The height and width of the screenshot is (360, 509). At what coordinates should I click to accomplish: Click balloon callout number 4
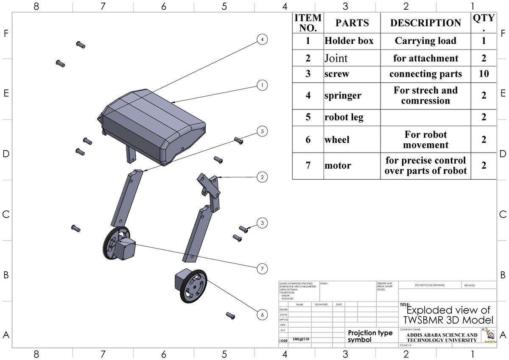click(263, 39)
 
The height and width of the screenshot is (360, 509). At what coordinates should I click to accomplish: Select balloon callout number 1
click(263, 85)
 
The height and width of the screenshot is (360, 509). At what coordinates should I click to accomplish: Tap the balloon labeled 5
click(263, 131)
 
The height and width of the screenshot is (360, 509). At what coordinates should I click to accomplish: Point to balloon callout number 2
click(263, 177)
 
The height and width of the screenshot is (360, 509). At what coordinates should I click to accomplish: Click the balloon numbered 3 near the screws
click(263, 223)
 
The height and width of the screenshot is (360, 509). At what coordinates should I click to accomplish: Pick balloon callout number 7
click(263, 268)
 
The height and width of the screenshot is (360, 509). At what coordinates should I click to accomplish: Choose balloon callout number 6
click(263, 315)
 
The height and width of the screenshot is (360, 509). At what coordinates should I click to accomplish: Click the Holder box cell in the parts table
click(349, 41)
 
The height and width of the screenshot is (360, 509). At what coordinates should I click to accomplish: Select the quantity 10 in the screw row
click(484, 74)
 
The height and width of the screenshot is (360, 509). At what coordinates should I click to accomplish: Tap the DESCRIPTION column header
click(425, 23)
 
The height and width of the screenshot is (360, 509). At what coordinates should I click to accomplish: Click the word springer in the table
click(343, 95)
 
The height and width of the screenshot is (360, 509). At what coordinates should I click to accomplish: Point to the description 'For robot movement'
click(425, 140)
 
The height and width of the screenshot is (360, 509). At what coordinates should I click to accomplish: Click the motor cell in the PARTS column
click(338, 165)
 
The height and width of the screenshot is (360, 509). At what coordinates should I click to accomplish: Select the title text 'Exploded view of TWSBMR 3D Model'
click(448, 314)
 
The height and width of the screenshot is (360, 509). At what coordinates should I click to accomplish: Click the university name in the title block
click(441, 337)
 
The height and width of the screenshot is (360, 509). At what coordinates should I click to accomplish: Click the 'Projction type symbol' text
click(370, 336)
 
